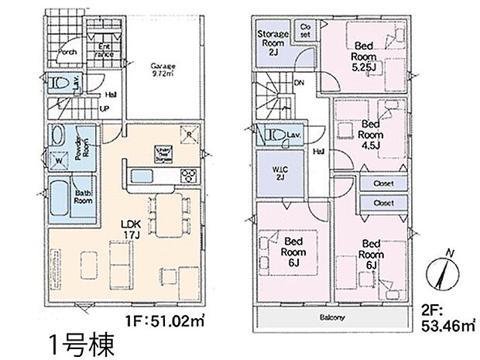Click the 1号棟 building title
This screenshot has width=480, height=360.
[x=81, y=341]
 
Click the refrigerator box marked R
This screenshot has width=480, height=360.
[x=188, y=135]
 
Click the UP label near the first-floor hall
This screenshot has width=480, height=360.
[x=104, y=108]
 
